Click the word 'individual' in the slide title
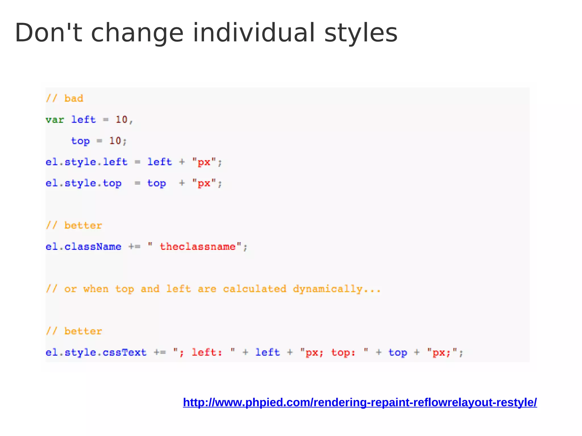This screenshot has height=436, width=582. coord(254,33)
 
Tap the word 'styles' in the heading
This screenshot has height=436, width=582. coord(361,33)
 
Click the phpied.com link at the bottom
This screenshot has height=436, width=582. coord(360,403)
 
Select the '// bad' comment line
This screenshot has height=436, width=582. coord(65,98)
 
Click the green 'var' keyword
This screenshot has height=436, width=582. coord(55,120)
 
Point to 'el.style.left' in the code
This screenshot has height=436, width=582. coord(87,162)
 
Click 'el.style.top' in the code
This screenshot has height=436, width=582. coord(84,183)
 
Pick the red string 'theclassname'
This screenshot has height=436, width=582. coord(198,247)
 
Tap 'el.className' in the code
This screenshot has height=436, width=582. coord(84,247)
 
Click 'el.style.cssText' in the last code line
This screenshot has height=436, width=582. coord(96,353)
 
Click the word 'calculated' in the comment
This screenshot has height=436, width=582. coord(255,289)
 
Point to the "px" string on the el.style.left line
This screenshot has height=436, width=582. coord(204,162)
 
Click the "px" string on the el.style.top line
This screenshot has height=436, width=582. coord(204,183)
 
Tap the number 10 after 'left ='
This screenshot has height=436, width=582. coord(121,120)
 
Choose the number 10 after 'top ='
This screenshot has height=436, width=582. coord(115,141)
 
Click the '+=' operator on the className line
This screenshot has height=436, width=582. coord(134,247)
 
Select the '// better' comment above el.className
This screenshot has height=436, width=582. coord(74,226)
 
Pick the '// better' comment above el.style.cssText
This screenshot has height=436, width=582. coord(74,331)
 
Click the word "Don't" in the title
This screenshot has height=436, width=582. coord(48,33)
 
